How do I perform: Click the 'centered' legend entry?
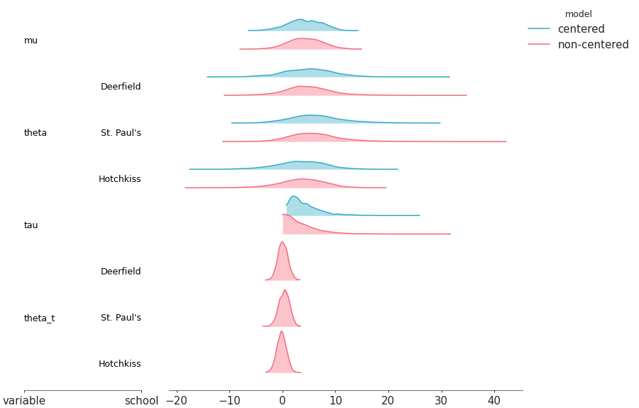click(581, 29)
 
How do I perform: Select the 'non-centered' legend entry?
click(593, 45)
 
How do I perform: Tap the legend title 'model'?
click(578, 14)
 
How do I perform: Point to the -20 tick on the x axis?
click(177, 401)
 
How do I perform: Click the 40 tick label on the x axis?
click(494, 401)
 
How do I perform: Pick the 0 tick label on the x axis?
click(283, 401)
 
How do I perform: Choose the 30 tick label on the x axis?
click(441, 401)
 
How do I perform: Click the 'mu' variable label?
click(31, 41)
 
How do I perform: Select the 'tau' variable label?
click(31, 225)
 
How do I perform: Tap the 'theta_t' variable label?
click(39, 318)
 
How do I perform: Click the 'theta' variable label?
click(35, 133)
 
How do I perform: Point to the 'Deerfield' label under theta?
click(121, 87)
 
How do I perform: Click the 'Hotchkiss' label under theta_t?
click(119, 364)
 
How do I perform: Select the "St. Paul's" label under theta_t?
click(121, 318)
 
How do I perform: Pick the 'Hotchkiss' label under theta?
click(119, 179)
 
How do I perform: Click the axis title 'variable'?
click(24, 401)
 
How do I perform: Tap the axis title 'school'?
click(141, 401)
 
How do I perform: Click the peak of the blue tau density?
click(294, 197)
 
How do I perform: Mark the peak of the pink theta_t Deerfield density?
click(282, 242)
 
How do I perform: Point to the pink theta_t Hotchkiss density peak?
click(281, 331)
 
